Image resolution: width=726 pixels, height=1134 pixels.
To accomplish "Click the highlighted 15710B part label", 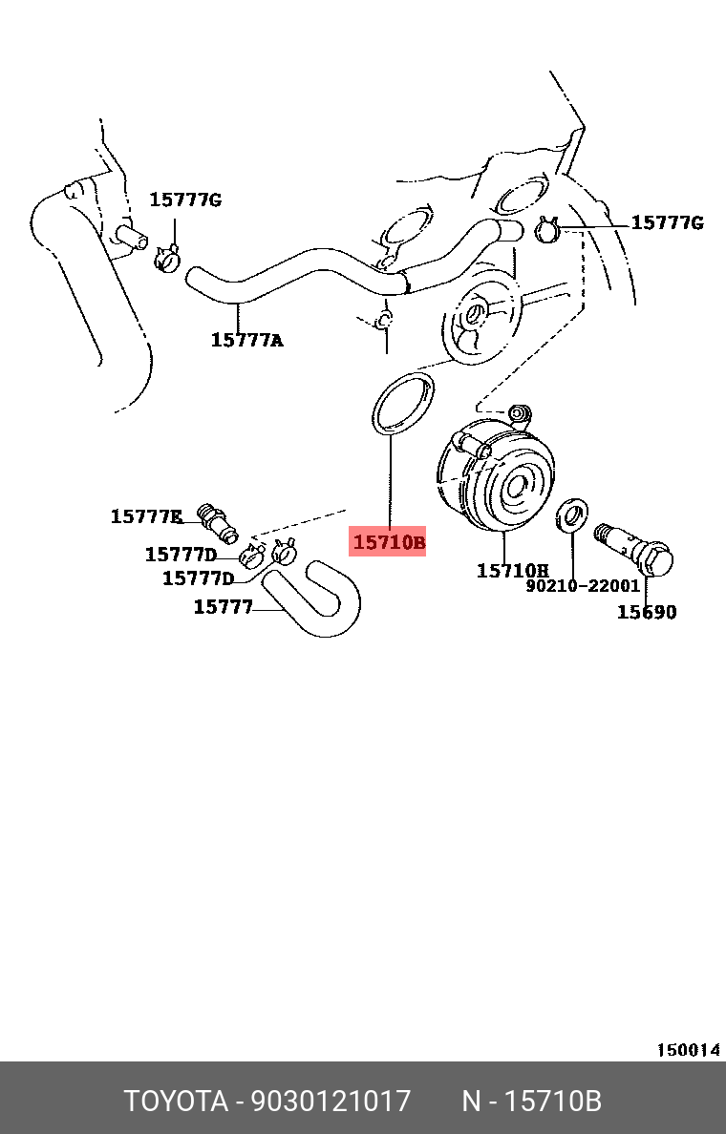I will click(389, 543).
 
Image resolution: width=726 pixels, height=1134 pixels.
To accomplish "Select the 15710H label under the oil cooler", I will click(513, 571).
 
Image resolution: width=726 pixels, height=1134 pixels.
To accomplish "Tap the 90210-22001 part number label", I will click(583, 586).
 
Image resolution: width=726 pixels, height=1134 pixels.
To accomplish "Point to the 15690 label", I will click(646, 612).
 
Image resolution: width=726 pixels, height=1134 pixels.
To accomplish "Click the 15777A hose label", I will click(246, 339).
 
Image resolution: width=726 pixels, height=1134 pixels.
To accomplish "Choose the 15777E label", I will click(146, 516).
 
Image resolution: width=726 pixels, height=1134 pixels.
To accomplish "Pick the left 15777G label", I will click(184, 199).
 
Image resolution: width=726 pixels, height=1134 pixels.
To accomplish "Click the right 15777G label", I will click(667, 222).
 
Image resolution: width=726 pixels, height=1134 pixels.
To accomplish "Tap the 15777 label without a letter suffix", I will click(223, 606).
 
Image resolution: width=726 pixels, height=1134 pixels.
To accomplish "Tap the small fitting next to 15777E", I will click(218, 520).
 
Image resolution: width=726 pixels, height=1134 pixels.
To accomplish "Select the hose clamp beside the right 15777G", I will click(547, 230).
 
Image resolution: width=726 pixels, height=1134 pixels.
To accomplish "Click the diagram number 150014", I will click(687, 1050).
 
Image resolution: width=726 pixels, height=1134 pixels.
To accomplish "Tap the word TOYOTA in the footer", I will click(175, 1101).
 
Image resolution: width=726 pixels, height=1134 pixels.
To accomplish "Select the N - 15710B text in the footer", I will click(531, 1101).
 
